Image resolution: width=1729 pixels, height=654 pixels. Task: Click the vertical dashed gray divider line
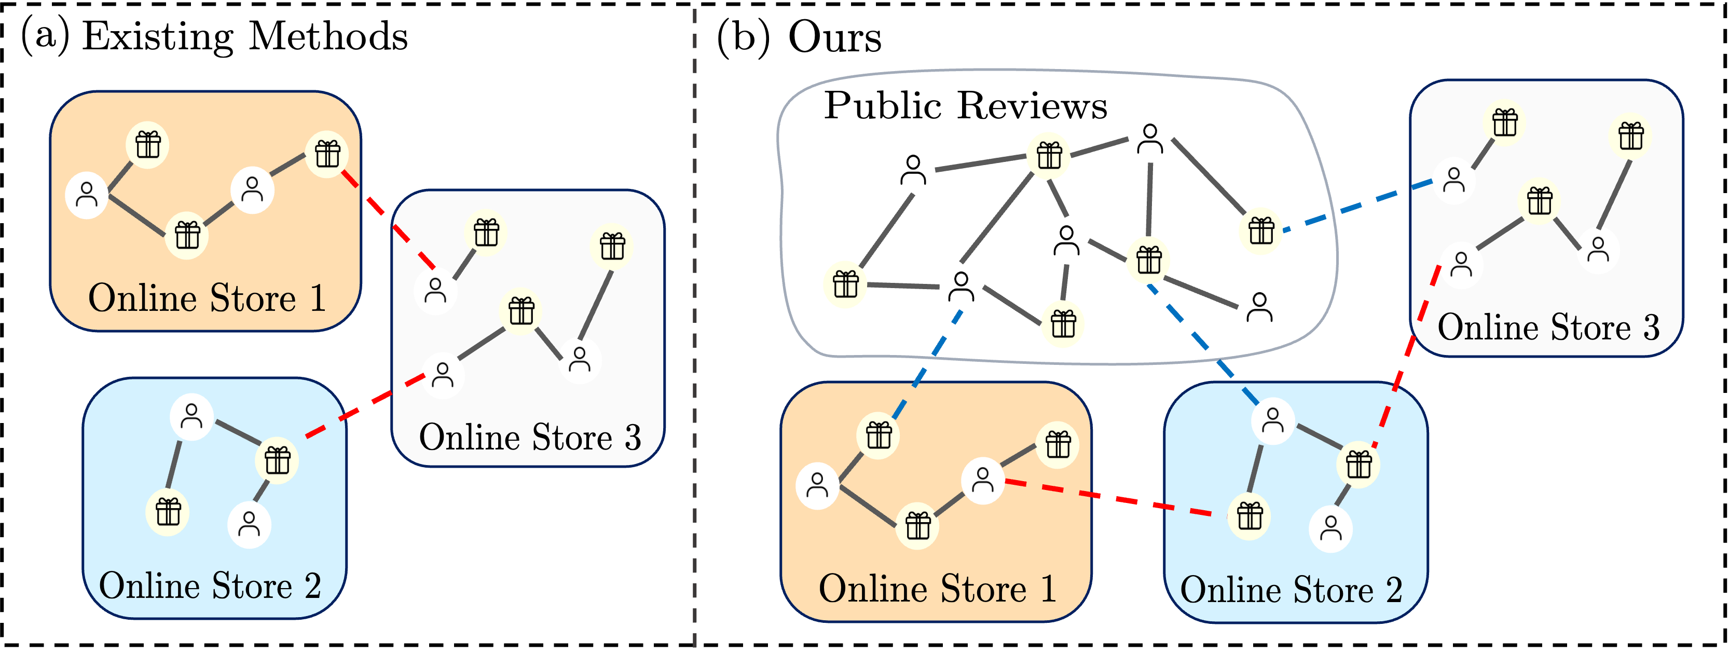coord(695,336)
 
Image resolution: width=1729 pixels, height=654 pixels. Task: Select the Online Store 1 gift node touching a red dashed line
coord(327,155)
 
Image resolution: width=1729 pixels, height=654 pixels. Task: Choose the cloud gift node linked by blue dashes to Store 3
coord(1260,231)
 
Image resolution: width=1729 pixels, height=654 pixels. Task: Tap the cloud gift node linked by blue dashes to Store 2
coord(1148,260)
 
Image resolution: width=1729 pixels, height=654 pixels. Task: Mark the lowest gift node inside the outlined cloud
coord(1063,324)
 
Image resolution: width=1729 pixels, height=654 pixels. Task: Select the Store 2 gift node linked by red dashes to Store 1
coord(1249,516)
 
